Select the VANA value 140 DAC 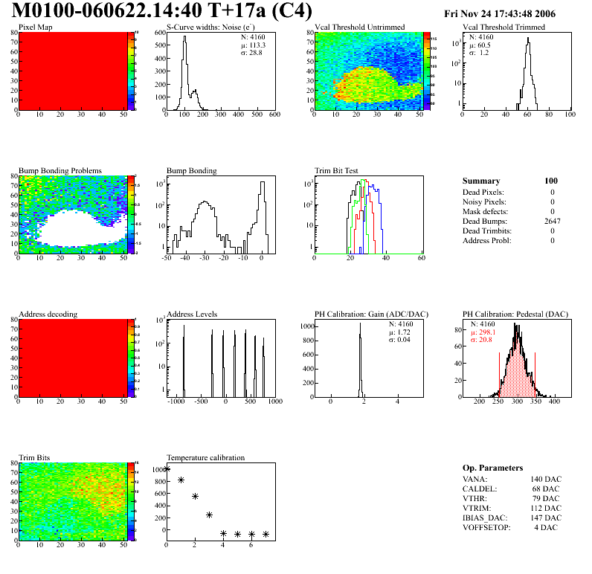[x=546, y=479]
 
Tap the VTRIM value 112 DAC [x=546, y=508]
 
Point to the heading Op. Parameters [x=492, y=468]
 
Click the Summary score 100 [x=551, y=181]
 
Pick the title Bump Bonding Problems [x=60, y=171]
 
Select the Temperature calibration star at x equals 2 [x=195, y=496]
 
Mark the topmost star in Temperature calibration [x=167, y=469]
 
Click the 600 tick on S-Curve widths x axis [x=274, y=115]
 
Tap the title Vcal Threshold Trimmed [x=503, y=28]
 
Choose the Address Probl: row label [x=486, y=240]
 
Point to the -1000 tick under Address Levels [x=176, y=402]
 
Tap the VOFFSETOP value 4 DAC [x=548, y=527]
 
